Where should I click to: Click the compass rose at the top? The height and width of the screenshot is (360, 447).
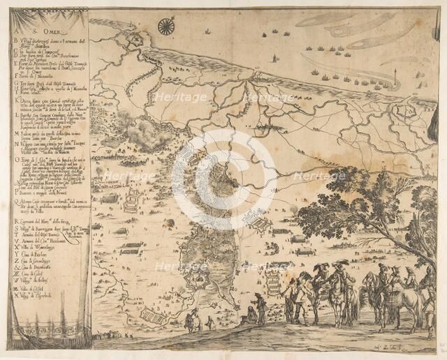pyautogui.click(x=166, y=27)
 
